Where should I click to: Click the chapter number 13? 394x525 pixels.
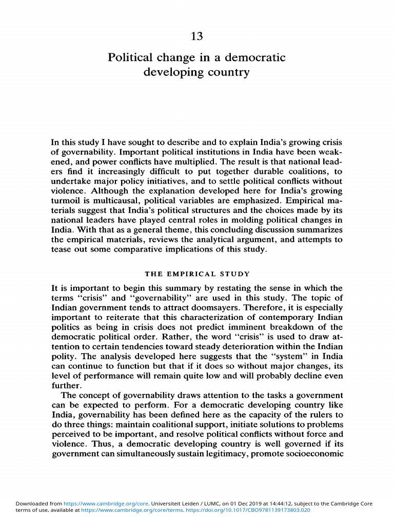[x=197, y=36]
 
